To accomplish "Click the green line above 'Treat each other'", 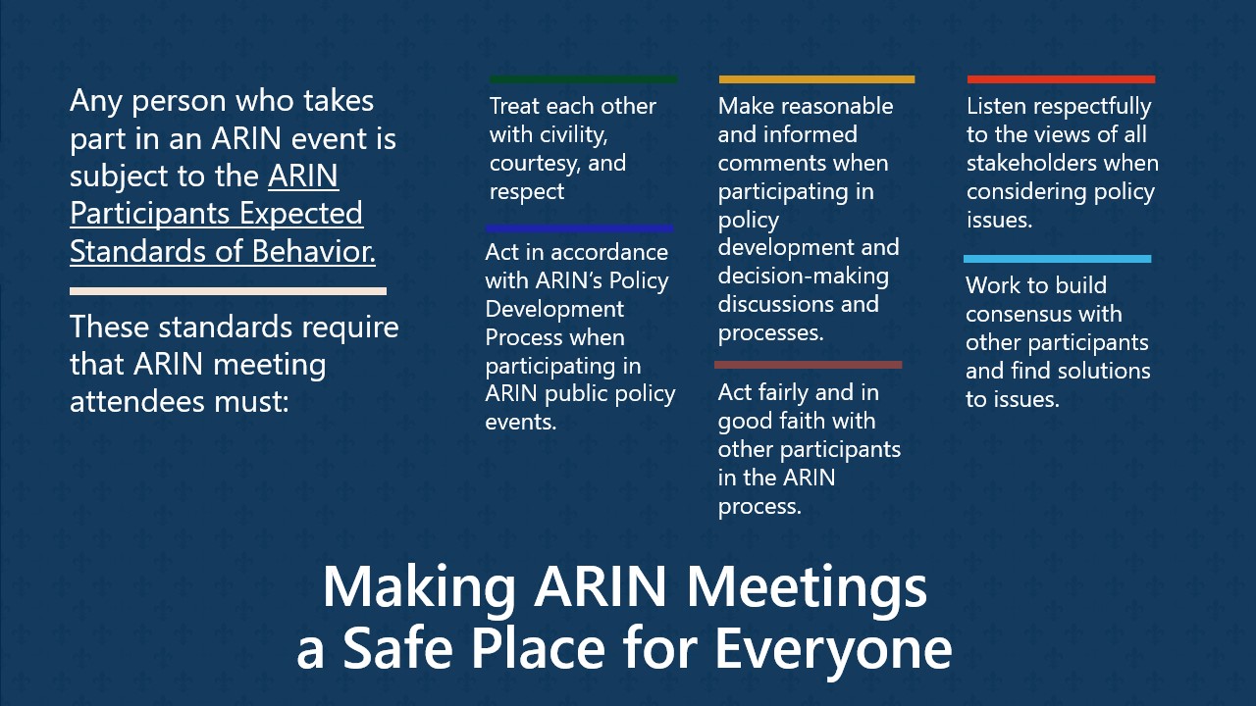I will [583, 79].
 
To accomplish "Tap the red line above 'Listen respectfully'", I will [1061, 79].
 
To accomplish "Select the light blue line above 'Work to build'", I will [1057, 259].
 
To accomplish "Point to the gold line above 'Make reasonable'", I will [816, 79].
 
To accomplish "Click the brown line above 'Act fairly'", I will [808, 365].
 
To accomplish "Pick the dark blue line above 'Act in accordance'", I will [579, 228].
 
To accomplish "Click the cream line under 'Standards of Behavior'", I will [228, 291].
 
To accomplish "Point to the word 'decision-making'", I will [803, 277].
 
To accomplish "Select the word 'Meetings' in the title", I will [806, 587].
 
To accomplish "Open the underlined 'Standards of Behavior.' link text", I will [223, 251].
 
